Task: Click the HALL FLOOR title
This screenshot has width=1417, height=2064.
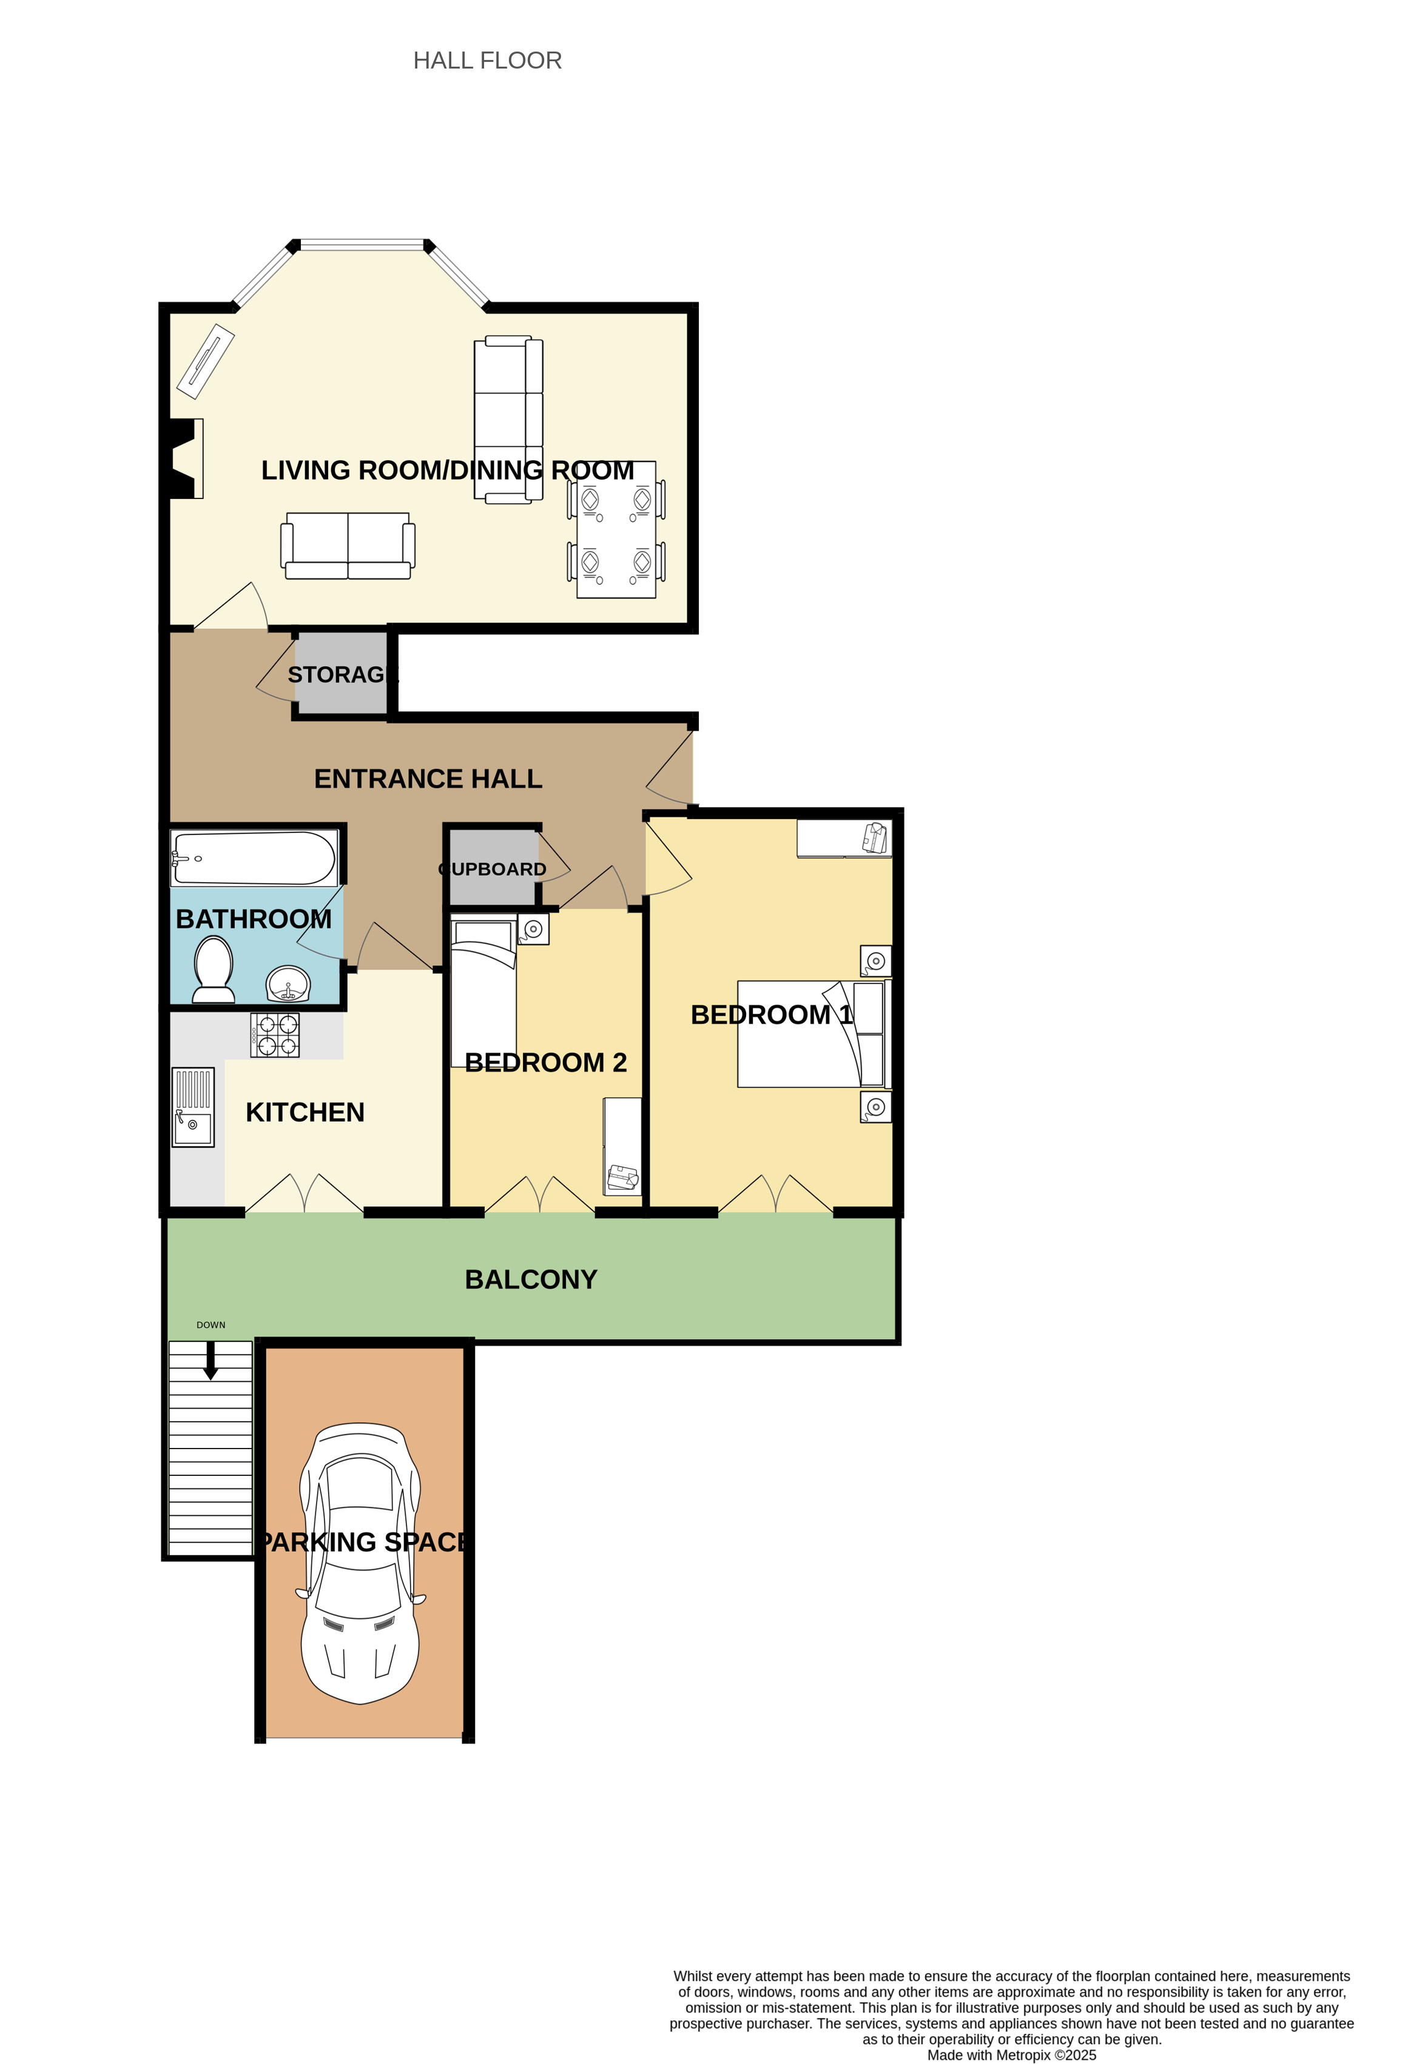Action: click(487, 61)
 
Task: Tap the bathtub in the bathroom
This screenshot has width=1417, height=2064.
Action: click(254, 858)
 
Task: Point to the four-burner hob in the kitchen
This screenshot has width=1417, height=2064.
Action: click(275, 1036)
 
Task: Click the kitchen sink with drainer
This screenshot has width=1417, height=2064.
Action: click(193, 1108)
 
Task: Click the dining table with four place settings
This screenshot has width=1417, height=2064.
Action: click(616, 529)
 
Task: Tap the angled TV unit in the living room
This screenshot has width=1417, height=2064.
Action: click(205, 361)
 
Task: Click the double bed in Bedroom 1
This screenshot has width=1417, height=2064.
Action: click(814, 1034)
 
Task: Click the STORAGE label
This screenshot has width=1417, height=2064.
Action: click(343, 675)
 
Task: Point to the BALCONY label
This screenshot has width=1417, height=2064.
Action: click(531, 1280)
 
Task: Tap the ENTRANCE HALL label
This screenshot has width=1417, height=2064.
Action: click(428, 779)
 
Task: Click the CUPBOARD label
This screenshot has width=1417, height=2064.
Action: click(492, 869)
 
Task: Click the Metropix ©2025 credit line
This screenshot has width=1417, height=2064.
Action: click(1011, 2055)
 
